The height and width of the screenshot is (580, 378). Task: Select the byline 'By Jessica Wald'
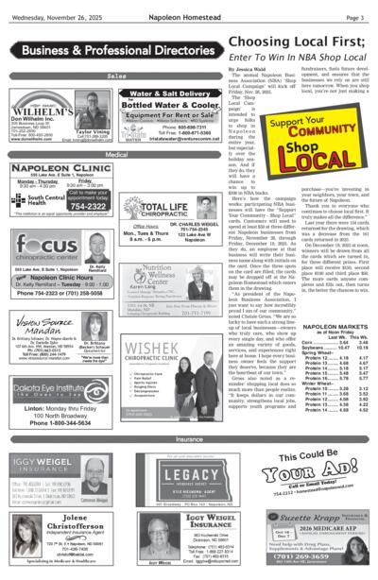[219, 69]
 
